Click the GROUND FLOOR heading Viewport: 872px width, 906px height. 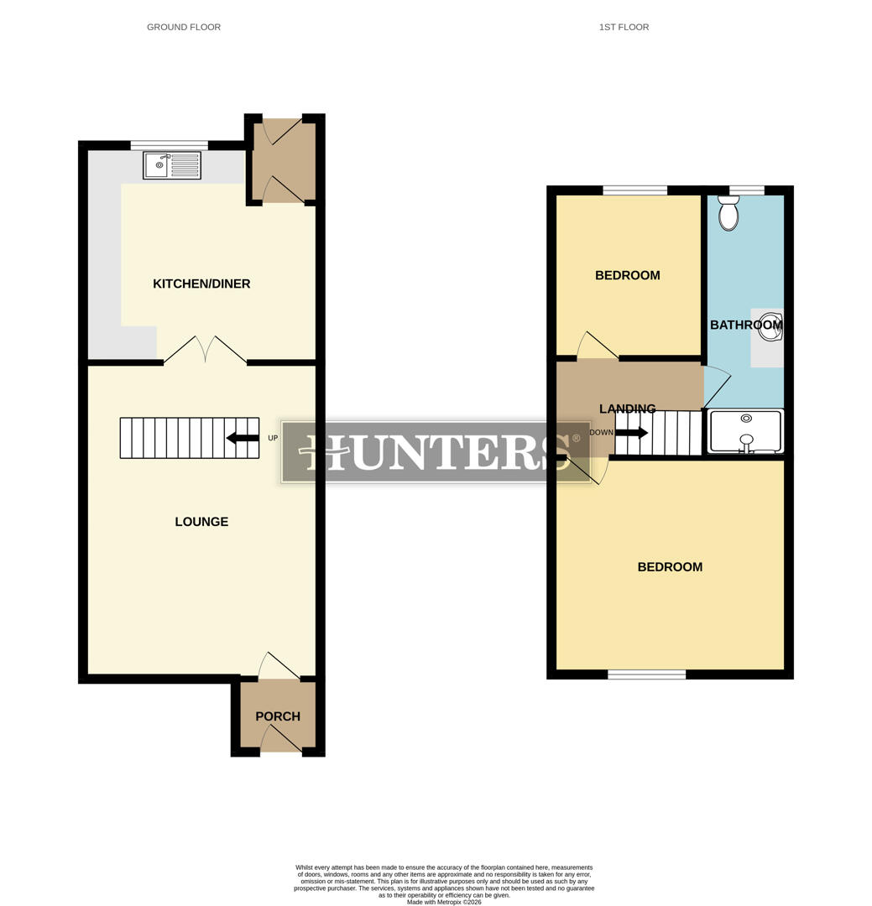(x=184, y=28)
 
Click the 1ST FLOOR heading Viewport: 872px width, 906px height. (x=624, y=28)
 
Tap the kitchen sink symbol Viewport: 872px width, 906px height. (x=172, y=165)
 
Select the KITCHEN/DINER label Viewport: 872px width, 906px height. (x=201, y=284)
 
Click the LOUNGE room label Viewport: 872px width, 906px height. (x=201, y=522)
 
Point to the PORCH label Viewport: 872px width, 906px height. (x=278, y=716)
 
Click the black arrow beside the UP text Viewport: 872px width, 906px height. (x=243, y=438)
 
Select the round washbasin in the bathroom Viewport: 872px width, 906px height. (x=770, y=328)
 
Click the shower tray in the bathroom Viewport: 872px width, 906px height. (x=745, y=432)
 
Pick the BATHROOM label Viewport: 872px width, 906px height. (x=745, y=325)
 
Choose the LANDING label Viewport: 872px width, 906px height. (x=628, y=409)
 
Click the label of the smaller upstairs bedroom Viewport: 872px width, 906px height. (x=628, y=276)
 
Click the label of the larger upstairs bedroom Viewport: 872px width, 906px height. (x=670, y=567)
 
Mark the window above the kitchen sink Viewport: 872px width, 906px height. (x=170, y=145)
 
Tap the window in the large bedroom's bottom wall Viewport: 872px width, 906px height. (x=646, y=674)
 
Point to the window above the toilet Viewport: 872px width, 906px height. (x=747, y=190)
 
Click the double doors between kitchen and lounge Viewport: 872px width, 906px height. (x=206, y=351)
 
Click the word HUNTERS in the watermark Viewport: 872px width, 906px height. (x=436, y=452)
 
